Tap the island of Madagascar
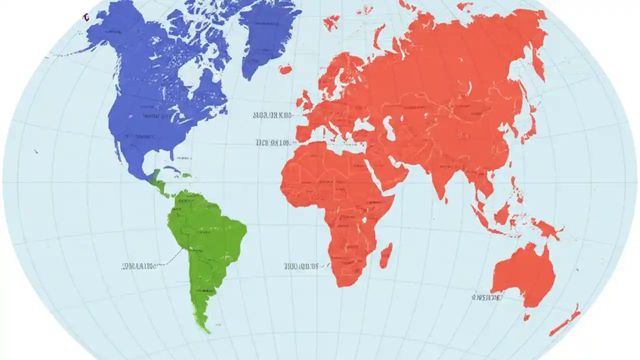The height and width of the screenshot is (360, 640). click(x=385, y=255)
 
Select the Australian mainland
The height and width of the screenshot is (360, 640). click(x=522, y=275)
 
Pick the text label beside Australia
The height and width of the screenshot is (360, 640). click(x=486, y=297)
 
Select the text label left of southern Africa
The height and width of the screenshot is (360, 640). click(x=301, y=266)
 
